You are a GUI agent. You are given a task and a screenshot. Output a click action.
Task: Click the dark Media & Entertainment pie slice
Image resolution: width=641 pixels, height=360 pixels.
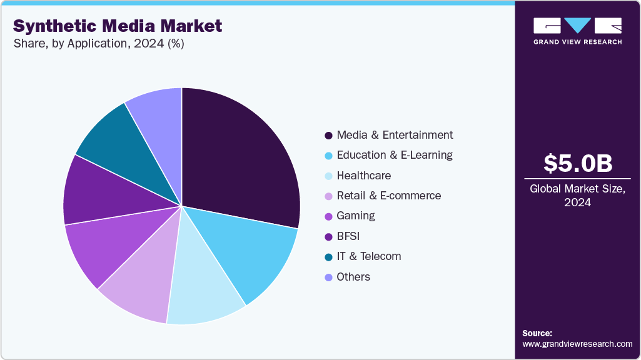click(241, 156)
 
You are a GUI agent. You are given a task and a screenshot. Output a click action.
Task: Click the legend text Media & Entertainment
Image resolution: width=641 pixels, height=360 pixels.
click(394, 135)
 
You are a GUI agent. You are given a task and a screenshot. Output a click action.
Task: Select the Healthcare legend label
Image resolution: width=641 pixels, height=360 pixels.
click(363, 176)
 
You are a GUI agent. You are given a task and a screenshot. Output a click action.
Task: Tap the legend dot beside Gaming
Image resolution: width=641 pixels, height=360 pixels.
click(328, 216)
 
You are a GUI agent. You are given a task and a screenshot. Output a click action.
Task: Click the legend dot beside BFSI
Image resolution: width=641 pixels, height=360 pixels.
click(328, 236)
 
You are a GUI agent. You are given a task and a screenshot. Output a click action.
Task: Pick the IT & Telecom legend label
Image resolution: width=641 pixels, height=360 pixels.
click(368, 256)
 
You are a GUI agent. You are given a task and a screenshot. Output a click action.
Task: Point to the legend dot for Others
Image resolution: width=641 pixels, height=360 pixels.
click(328, 277)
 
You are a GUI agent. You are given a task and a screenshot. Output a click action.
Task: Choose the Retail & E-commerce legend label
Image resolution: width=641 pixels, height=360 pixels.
click(388, 196)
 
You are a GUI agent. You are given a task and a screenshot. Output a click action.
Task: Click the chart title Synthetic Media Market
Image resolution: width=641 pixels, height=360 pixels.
click(118, 26)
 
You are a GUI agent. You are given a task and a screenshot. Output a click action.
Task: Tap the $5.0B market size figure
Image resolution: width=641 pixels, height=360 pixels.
click(577, 164)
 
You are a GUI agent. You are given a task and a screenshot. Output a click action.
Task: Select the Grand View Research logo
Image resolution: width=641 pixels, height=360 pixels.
click(577, 31)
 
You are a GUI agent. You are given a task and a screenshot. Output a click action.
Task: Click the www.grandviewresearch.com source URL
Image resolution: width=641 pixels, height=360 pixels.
click(577, 344)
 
